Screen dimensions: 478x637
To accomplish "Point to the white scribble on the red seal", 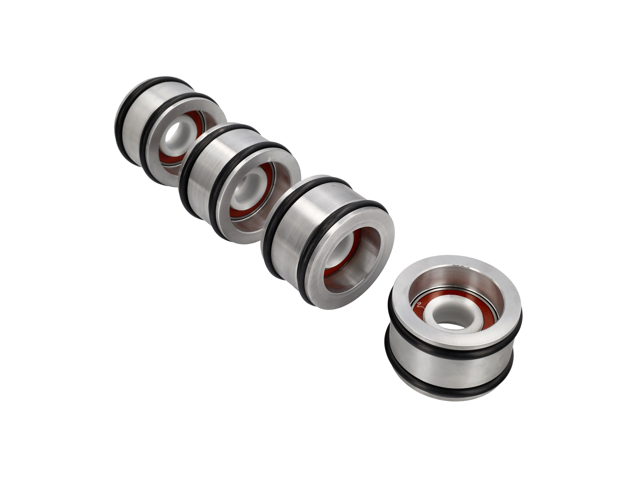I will click(x=418, y=306).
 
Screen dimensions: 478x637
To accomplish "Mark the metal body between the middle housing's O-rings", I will click(x=199, y=175).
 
